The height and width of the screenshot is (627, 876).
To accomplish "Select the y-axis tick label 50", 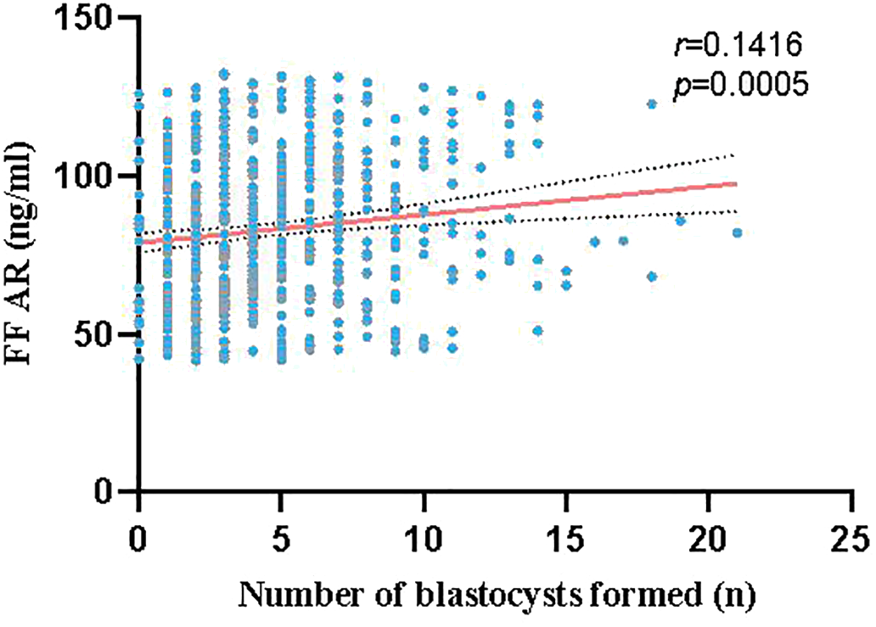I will pyautogui.click(x=102, y=333).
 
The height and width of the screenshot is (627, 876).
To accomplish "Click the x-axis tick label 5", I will pyautogui.click(x=281, y=538).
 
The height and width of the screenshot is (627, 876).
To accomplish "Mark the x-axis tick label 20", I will pyautogui.click(x=709, y=538).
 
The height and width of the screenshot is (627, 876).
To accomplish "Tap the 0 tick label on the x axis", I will pyautogui.click(x=138, y=538).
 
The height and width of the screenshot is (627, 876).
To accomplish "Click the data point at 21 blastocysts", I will pyautogui.click(x=737, y=232).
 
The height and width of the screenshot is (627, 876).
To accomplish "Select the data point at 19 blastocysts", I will pyautogui.click(x=680, y=221).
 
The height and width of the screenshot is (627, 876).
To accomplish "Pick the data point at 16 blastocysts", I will pyautogui.click(x=594, y=242).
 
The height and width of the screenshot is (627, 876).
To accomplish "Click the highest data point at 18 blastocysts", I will pyautogui.click(x=652, y=104).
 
